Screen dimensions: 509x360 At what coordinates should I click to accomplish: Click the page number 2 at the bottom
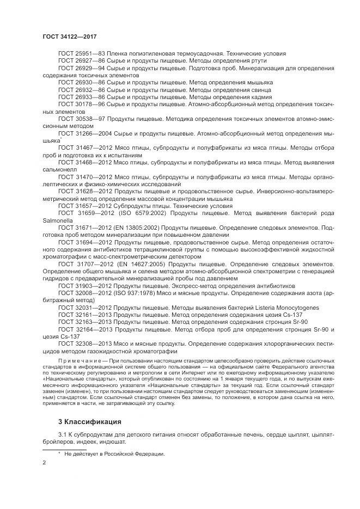44,462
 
